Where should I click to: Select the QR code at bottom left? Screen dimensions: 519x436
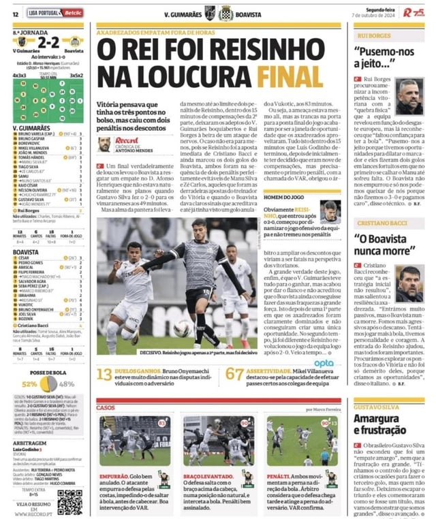(x=69, y=502)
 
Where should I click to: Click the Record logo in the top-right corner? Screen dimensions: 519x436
(x=412, y=12)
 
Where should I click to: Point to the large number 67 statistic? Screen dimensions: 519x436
(x=234, y=374)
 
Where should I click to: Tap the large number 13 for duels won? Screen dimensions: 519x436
(x=104, y=374)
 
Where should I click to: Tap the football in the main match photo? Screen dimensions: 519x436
(x=181, y=330)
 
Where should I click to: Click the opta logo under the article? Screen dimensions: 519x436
(x=324, y=362)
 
